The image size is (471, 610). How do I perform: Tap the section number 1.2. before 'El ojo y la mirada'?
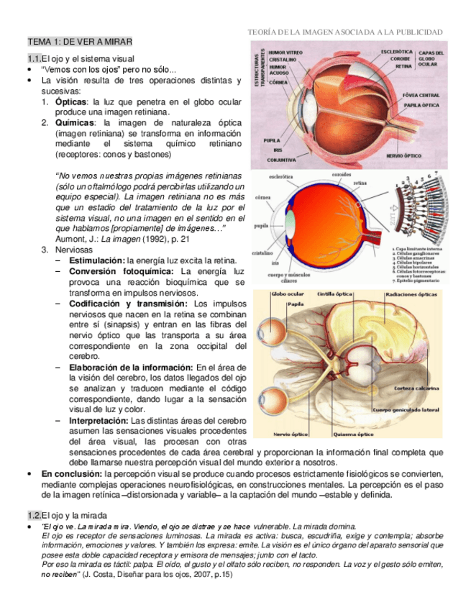point(34,515)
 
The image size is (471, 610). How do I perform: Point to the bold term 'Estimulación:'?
point(97,260)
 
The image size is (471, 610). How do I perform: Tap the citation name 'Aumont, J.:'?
point(77,238)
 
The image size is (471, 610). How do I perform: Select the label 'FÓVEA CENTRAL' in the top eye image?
point(421,95)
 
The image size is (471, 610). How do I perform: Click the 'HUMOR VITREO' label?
point(285,53)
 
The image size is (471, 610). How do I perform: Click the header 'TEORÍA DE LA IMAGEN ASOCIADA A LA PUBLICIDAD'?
point(344,32)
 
